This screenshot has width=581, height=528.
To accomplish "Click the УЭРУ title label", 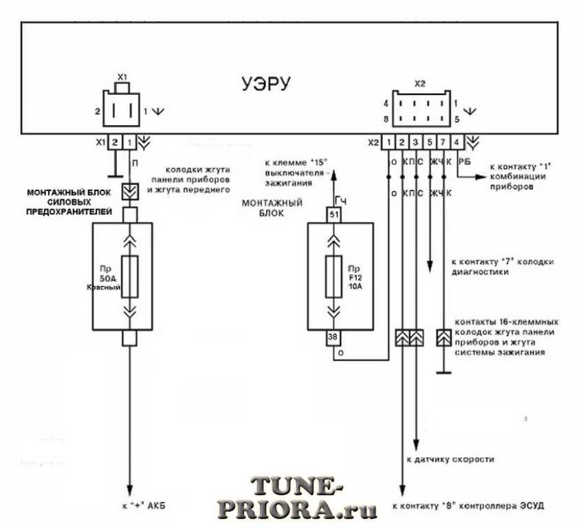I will pos(265,84).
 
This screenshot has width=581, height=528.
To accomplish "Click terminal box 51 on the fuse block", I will pos(334,214).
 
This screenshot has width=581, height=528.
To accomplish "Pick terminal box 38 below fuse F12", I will pos(334,338).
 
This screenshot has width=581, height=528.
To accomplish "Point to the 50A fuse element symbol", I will pos(128,277).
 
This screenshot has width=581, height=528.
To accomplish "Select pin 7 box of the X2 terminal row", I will pos(443,142).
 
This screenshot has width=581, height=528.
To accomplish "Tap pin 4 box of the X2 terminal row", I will pos(457,142).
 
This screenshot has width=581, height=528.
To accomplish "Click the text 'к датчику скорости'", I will pos(447,459).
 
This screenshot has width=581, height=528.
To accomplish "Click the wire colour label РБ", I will pos(464,162).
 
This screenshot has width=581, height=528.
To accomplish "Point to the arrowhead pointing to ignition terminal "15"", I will pos(334,177).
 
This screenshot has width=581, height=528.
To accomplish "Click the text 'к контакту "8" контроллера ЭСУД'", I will pos(468,507).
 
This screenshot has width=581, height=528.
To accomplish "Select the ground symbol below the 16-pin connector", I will pos(443,374).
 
